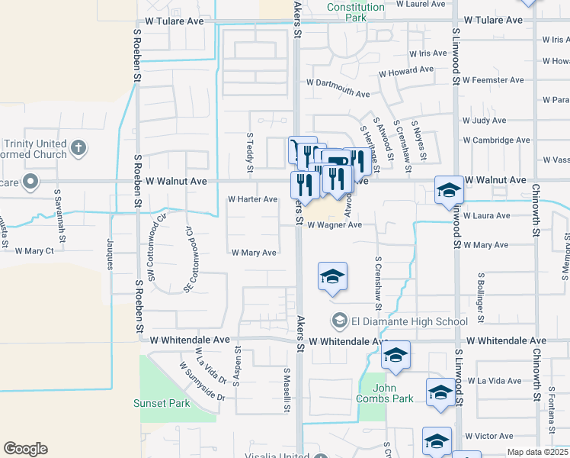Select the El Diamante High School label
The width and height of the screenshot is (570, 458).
point(408,321)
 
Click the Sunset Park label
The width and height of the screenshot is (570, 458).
point(161,402)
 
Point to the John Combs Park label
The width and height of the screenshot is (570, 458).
point(384,392)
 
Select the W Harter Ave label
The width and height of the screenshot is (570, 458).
point(253,199)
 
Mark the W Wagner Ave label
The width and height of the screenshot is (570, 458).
point(335,225)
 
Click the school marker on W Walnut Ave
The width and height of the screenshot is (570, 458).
point(448,190)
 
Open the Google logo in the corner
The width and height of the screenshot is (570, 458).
point(25,449)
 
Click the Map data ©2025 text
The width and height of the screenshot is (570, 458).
point(538,452)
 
